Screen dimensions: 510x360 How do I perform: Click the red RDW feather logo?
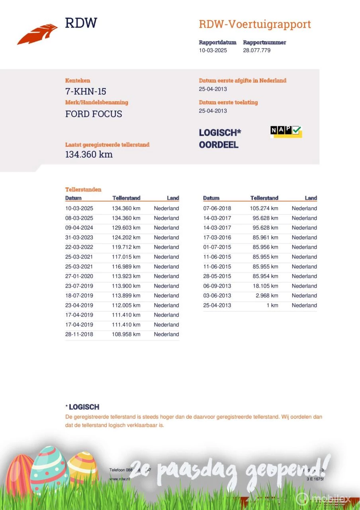[x=37, y=34]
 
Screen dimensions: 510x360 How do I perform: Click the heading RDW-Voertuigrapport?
[x=254, y=24]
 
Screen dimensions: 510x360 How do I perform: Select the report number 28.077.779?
[x=257, y=50]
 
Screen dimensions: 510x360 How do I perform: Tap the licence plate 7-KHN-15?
[x=86, y=92]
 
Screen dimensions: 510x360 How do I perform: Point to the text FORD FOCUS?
[x=94, y=114]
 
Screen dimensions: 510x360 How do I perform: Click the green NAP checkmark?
[x=297, y=130]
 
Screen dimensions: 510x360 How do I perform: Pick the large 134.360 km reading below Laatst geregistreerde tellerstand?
[x=89, y=154]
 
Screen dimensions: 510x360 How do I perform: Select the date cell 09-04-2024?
[x=79, y=228]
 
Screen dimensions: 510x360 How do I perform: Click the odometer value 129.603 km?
[x=126, y=228]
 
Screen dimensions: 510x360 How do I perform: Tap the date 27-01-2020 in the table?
[x=79, y=276]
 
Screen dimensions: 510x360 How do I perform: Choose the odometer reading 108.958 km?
[x=126, y=334]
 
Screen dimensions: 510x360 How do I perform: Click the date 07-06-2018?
[x=217, y=208]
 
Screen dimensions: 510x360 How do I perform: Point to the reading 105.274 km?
[x=264, y=208]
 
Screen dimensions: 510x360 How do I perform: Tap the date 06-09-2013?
[x=217, y=286]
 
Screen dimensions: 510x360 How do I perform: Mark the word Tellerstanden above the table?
[x=83, y=190]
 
